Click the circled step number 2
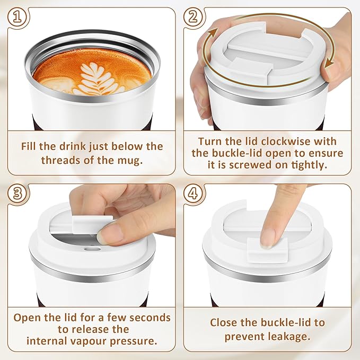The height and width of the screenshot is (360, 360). pos(195,17)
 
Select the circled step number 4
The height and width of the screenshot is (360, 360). pos(195,194)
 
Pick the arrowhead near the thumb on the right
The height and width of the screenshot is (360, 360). pos(331,65)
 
